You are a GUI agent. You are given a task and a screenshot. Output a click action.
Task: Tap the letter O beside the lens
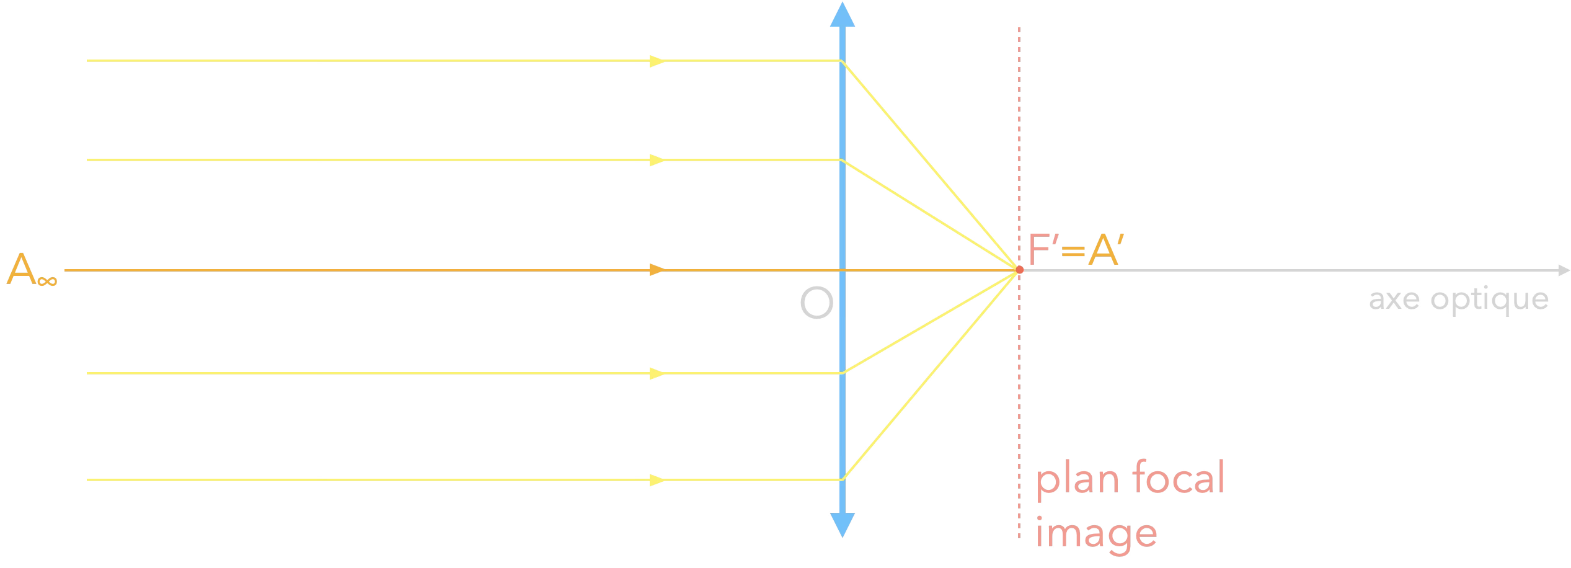(x=816, y=303)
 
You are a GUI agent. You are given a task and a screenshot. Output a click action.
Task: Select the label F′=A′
(x=1076, y=250)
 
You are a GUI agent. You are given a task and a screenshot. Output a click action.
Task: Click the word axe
(x=1394, y=300)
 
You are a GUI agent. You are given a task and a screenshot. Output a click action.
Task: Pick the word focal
(x=1179, y=477)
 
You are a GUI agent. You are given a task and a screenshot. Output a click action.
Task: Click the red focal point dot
(x=1019, y=270)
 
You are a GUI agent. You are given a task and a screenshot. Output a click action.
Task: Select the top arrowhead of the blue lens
(x=842, y=15)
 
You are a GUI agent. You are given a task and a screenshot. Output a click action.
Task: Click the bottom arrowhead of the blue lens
(x=842, y=525)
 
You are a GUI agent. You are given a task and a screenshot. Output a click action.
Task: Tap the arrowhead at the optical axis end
(x=1564, y=270)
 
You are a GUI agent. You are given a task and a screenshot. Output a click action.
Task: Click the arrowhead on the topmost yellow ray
(x=657, y=61)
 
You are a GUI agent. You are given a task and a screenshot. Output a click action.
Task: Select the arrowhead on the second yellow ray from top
(x=657, y=160)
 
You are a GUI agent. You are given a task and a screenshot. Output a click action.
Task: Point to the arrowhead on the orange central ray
(x=657, y=270)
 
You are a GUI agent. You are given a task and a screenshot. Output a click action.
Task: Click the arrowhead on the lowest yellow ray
(x=657, y=480)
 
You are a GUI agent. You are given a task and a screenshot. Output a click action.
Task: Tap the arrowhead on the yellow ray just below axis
(x=657, y=373)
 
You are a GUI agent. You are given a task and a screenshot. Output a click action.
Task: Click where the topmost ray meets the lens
(x=842, y=61)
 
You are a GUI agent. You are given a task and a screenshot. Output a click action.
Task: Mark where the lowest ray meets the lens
(x=842, y=480)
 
